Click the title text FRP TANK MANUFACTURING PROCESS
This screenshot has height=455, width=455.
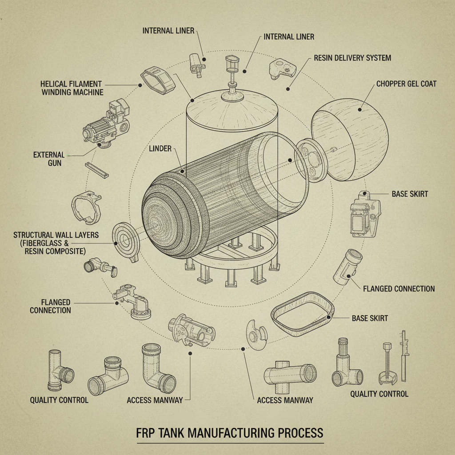point(230,433)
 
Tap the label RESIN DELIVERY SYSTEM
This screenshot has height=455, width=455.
point(352,58)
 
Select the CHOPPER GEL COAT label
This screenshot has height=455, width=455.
point(406,84)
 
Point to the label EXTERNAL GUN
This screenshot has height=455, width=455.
point(49,159)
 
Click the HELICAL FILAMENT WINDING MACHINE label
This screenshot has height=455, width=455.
point(72,88)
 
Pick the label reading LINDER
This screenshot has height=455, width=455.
point(160,149)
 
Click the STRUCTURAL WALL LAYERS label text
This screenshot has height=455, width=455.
point(56,243)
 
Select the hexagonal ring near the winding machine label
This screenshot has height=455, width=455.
point(157,80)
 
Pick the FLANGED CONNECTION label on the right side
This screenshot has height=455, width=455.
point(399,289)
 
